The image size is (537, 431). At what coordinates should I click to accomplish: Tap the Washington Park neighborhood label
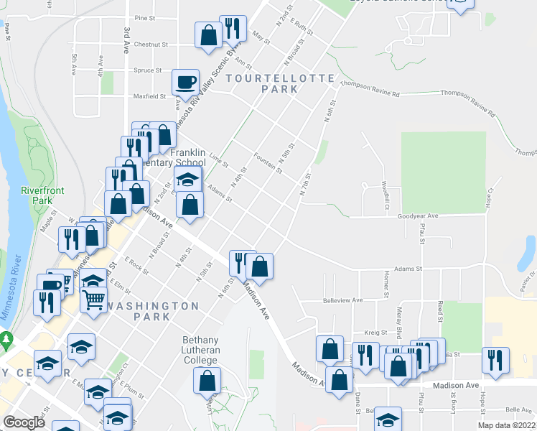point(152,306)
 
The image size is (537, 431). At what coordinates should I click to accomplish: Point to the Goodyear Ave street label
point(417,215)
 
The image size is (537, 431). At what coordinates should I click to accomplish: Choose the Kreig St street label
point(375,333)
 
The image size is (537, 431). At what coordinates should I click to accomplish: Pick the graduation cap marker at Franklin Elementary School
point(188,179)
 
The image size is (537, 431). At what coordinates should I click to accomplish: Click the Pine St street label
point(145,18)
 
